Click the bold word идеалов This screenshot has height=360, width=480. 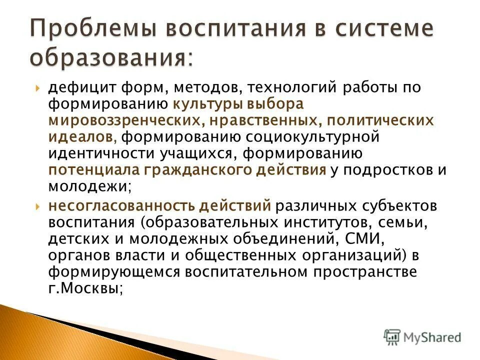(82, 137)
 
